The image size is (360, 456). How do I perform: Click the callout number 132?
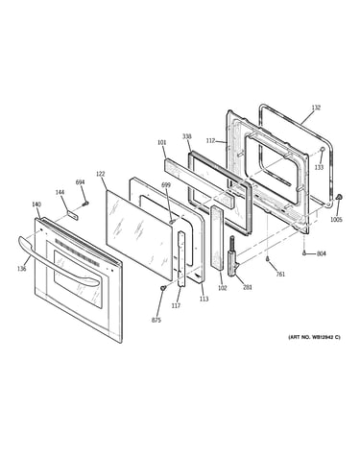tap(316, 108)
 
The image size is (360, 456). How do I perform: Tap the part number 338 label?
tap(187, 136)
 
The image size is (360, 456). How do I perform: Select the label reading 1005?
tap(336, 220)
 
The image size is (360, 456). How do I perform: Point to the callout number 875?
tap(156, 320)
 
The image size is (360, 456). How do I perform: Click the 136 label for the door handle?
tap(22, 269)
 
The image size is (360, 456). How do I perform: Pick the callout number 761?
tap(280, 275)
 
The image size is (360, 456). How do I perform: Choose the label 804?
tap(322, 253)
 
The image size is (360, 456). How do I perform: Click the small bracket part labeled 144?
tap(73, 215)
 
